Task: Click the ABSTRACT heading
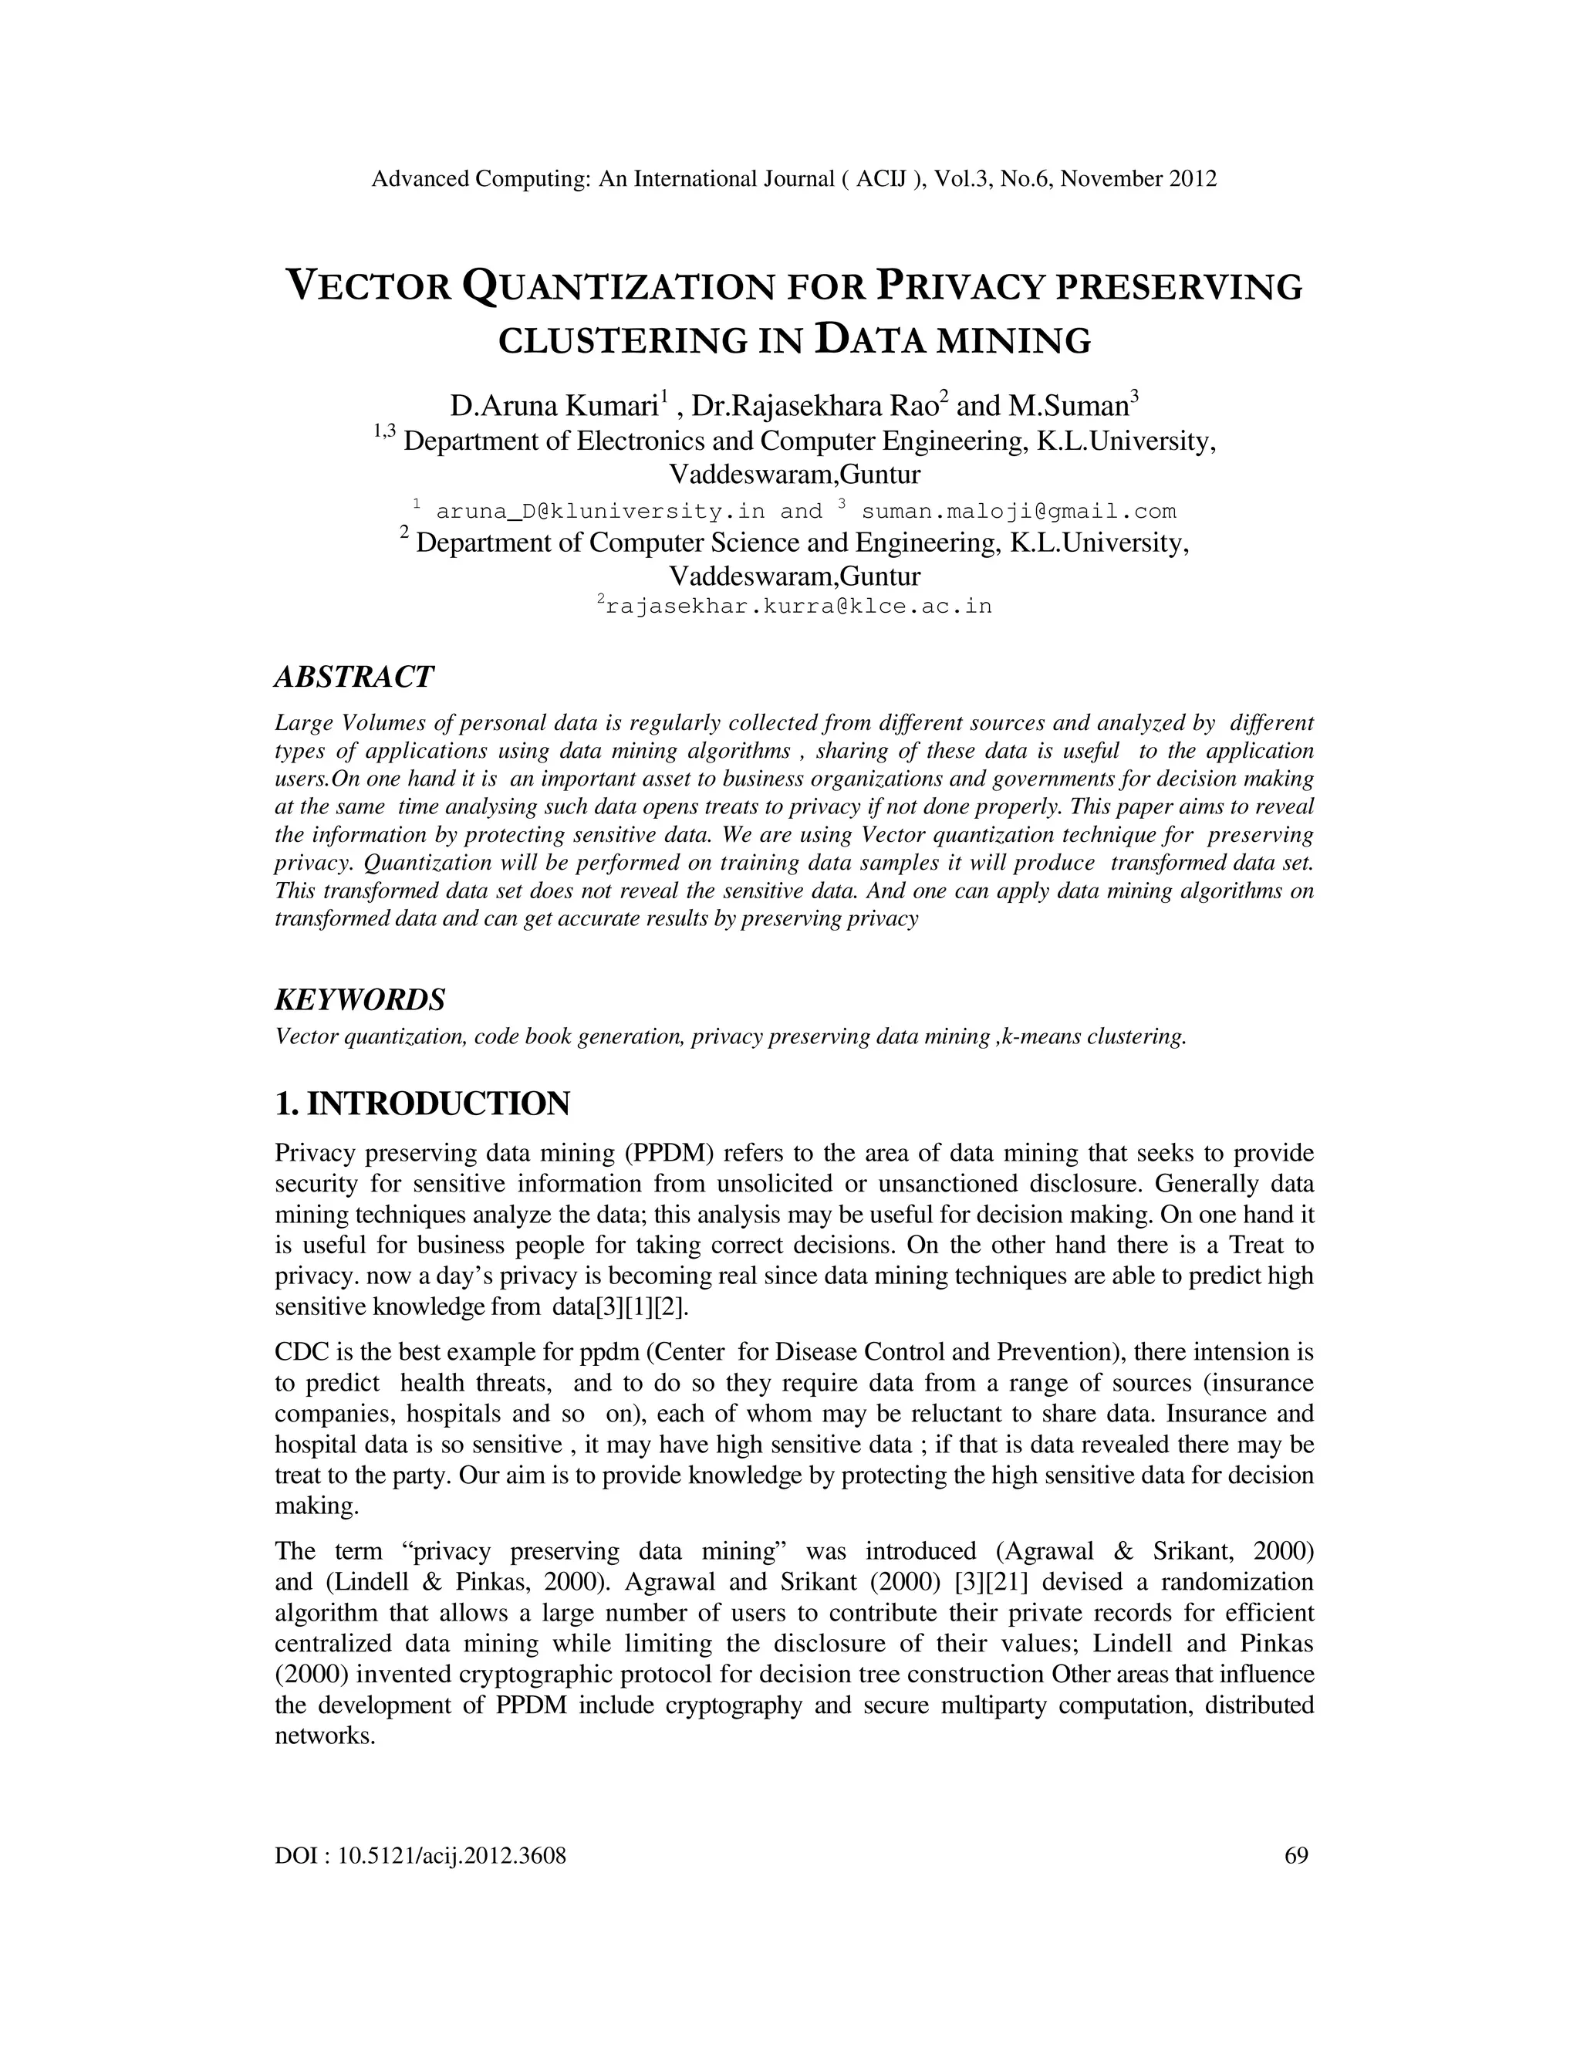[x=354, y=676]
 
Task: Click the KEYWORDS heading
[x=360, y=999]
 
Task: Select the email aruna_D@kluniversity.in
[x=600, y=511]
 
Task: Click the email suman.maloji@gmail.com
[x=1018, y=511]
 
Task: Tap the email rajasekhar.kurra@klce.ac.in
[x=798, y=606]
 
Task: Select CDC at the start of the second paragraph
[x=299, y=1352]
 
